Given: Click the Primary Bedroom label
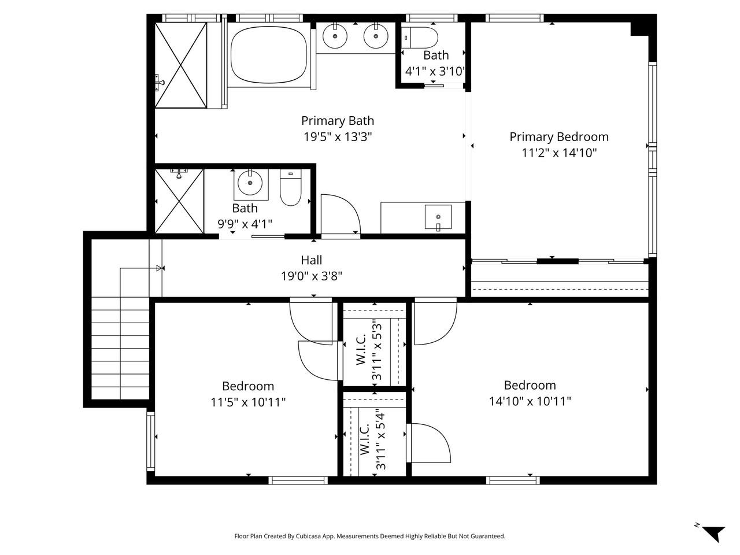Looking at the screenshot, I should (x=558, y=137).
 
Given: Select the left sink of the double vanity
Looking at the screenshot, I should (x=334, y=37).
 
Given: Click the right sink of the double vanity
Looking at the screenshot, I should (x=375, y=37).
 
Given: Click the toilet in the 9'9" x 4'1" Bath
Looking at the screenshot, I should (x=290, y=187).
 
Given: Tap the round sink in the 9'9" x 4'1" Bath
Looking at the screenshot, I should (x=250, y=183).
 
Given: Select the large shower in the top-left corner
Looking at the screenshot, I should (x=180, y=65).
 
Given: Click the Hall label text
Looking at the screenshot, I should (x=311, y=261).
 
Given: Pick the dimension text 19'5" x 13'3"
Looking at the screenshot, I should (x=338, y=137).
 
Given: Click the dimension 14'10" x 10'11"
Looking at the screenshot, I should (x=530, y=401).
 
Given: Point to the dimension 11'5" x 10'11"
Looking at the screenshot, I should (x=248, y=402).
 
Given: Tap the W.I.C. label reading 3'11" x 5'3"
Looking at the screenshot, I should (x=369, y=350).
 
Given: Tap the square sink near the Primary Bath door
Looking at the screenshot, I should (x=438, y=217).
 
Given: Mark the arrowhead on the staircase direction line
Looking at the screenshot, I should (x=159, y=268).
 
